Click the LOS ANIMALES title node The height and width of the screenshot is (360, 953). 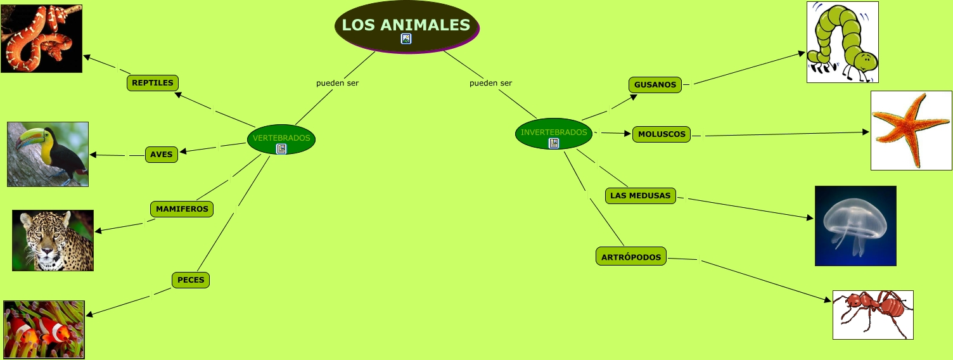(x=406, y=25)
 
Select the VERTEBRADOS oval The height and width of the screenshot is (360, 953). (x=281, y=138)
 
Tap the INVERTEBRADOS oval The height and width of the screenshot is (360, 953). (x=554, y=132)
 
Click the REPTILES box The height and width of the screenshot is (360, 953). (x=153, y=83)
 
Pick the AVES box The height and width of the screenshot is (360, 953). (x=162, y=155)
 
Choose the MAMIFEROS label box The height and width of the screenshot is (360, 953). (x=182, y=209)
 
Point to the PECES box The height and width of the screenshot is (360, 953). (x=191, y=280)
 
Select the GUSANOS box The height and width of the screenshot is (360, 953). (x=655, y=85)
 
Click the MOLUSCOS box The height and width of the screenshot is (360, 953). (x=662, y=134)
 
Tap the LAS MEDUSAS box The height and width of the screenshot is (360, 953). (x=640, y=196)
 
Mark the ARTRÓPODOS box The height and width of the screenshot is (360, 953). (x=631, y=257)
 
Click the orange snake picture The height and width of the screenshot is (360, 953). (x=41, y=38)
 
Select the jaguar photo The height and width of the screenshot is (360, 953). (x=53, y=240)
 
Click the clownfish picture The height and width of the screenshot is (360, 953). (x=44, y=330)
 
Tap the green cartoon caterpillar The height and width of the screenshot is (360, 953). (x=843, y=42)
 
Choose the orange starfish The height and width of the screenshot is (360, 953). (x=911, y=130)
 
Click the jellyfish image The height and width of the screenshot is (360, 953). (x=855, y=225)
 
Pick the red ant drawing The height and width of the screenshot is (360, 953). (x=873, y=314)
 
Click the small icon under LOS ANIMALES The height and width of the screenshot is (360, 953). (x=406, y=39)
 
